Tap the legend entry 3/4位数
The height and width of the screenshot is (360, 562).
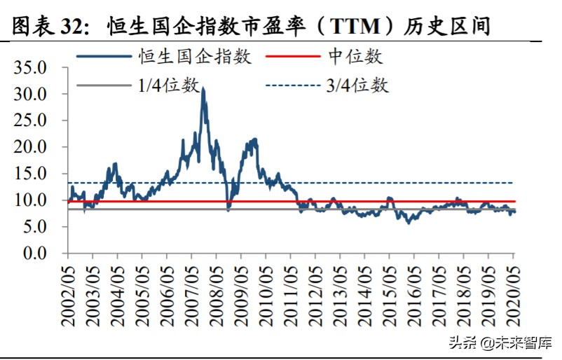click(x=357, y=85)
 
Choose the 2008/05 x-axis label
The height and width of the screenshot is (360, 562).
click(x=217, y=294)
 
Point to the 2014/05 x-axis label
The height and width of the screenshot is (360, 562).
click(x=365, y=294)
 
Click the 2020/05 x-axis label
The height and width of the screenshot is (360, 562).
click(x=514, y=294)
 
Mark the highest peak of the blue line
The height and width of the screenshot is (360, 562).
click(x=203, y=89)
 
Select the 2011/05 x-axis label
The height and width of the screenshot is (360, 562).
click(x=291, y=294)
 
